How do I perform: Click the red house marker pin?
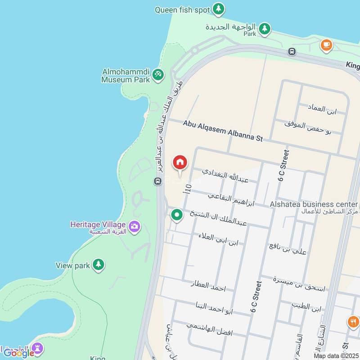[x=180, y=162]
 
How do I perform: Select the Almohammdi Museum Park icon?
[x=157, y=74]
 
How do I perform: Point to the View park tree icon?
[x=99, y=265]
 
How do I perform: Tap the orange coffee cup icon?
[x=326, y=45]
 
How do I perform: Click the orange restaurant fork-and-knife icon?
[x=353, y=322]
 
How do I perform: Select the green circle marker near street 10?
[x=177, y=215]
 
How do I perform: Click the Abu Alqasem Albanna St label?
[x=222, y=130]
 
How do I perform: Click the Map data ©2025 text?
[x=336, y=356]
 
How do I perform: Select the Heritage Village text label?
[x=98, y=224]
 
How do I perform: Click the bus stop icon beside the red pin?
[x=157, y=181]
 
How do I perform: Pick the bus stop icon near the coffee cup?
[x=292, y=52]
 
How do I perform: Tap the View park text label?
[x=72, y=265]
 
